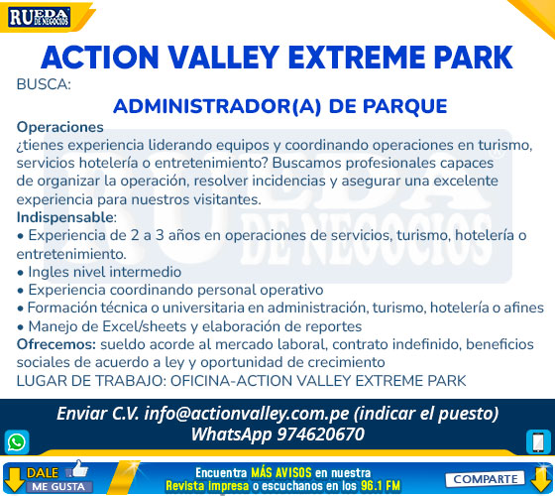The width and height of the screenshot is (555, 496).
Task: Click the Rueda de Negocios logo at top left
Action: pos(40,18)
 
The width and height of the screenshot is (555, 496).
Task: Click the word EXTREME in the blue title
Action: pos(357,58)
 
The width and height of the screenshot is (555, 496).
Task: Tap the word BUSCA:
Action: pos(44,84)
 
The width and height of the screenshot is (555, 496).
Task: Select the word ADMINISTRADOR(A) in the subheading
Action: pos(217,106)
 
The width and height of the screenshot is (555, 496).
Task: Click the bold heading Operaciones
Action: pos(59,127)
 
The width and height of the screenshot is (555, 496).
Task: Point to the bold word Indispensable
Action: pos(64,217)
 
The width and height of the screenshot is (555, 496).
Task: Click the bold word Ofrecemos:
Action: pos(55,344)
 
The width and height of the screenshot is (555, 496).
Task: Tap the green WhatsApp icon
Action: pos(17,441)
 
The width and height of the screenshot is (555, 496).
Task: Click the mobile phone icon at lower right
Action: pos(538,441)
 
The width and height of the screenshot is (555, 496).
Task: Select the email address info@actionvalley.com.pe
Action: pos(247,414)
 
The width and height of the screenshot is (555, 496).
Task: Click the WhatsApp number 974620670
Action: pos(320,434)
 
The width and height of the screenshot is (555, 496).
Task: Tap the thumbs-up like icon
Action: pos(78,468)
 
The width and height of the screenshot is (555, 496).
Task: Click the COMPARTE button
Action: pos(485,479)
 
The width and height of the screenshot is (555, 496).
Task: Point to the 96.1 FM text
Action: pos(381,485)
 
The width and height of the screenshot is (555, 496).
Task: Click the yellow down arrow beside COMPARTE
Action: pos(541,479)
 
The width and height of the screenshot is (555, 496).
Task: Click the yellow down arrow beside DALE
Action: pos(14,480)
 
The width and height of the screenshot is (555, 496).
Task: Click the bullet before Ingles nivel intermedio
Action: pos(20,273)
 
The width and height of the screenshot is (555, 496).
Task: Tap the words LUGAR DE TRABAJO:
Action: pos(91,381)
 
